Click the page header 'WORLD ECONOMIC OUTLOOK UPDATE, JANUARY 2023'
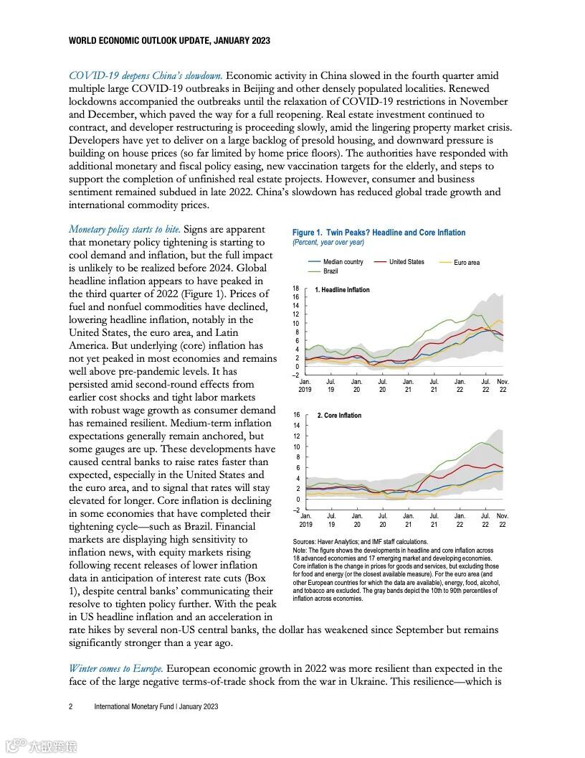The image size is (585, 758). pyautogui.click(x=169, y=41)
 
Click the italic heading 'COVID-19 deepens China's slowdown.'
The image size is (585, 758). pyautogui.click(x=146, y=75)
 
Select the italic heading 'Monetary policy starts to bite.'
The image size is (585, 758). pyautogui.click(x=125, y=229)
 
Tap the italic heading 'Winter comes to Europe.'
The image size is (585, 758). pyautogui.click(x=116, y=668)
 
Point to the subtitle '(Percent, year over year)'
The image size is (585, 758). pyautogui.click(x=328, y=243)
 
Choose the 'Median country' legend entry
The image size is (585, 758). pyautogui.click(x=343, y=262)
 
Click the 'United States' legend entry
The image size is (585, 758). pyautogui.click(x=406, y=262)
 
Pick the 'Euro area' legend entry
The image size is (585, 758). pyautogui.click(x=467, y=263)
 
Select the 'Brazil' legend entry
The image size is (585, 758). pyautogui.click(x=330, y=271)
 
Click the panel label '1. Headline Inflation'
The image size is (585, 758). pyautogui.click(x=343, y=290)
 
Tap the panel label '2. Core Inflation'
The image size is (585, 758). pyautogui.click(x=339, y=416)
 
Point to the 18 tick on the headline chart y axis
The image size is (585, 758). pyautogui.click(x=295, y=288)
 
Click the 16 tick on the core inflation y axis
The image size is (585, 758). pyautogui.click(x=295, y=414)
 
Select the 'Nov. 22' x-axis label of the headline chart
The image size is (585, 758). pyautogui.click(x=503, y=385)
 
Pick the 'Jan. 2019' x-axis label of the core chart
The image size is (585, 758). pyautogui.click(x=305, y=520)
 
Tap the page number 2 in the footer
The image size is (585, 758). pyautogui.click(x=71, y=706)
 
